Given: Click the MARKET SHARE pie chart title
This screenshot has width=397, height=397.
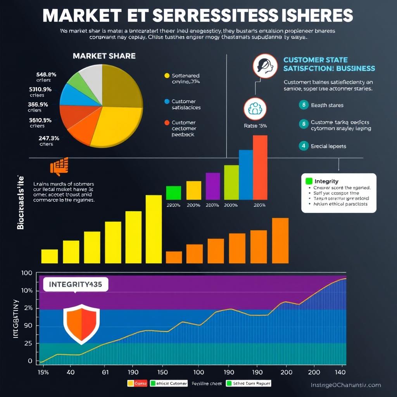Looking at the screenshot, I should click(x=104, y=56).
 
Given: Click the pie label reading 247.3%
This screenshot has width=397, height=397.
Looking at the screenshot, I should click(x=48, y=138).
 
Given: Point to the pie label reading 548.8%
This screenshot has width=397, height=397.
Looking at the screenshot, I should click(x=46, y=74).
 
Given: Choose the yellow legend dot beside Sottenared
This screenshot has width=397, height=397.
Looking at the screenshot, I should click(x=167, y=76).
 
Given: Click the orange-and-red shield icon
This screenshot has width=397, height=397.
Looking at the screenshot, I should click(x=81, y=324).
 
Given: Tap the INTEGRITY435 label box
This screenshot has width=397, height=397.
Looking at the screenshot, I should click(x=75, y=284).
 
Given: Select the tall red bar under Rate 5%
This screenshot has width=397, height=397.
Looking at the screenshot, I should click(x=260, y=167).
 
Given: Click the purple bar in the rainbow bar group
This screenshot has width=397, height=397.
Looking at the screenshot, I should click(x=212, y=186).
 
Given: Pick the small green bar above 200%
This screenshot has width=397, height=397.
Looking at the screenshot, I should click(x=173, y=193).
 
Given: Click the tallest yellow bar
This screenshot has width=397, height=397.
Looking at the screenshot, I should click(x=154, y=229).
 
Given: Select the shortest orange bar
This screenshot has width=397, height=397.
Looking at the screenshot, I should click(x=174, y=257).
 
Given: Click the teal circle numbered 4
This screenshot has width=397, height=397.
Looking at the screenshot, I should click(x=304, y=146).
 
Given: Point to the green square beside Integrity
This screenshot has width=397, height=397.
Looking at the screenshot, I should click(x=309, y=181).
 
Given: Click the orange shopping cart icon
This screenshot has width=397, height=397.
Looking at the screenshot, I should click(x=59, y=167).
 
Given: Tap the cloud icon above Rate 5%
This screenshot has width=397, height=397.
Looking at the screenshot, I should click(x=255, y=109).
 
